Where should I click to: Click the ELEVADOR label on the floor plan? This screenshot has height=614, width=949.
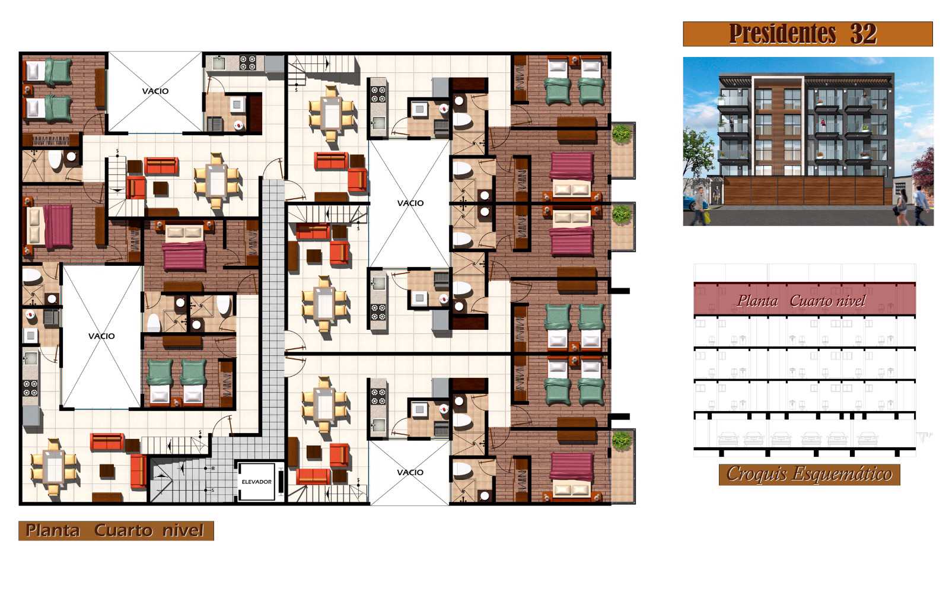[256, 482]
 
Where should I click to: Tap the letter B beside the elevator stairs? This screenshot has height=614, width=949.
[212, 468]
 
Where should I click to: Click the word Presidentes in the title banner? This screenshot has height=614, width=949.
[782, 34]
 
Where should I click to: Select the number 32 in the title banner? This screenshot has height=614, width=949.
[864, 33]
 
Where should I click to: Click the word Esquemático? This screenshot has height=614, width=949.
[842, 474]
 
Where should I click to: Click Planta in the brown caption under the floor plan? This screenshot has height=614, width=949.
[53, 530]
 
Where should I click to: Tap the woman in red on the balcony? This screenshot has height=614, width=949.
[823, 123]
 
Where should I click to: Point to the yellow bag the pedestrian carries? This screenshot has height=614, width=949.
[706, 218]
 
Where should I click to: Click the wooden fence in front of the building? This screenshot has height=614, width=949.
[804, 190]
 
